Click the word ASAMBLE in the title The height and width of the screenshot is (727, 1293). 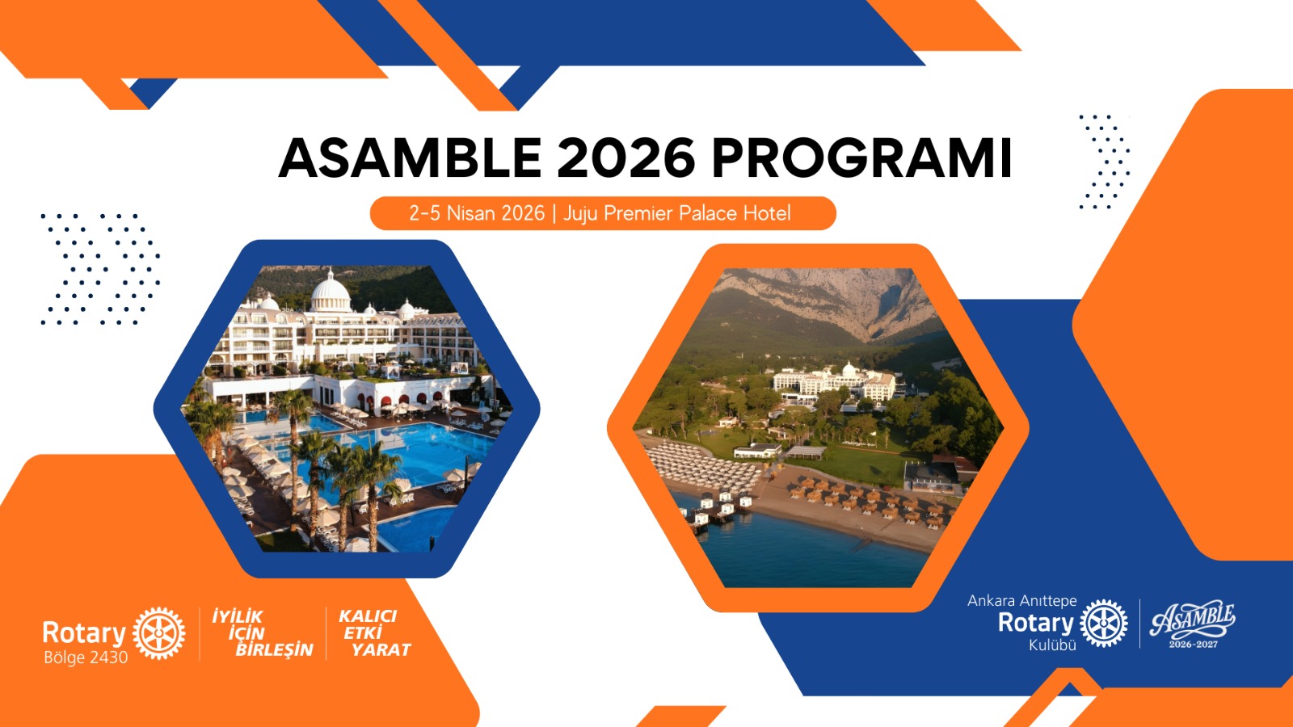click(410, 158)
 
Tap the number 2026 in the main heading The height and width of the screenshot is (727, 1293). click(625, 158)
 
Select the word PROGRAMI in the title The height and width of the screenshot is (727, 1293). click(861, 158)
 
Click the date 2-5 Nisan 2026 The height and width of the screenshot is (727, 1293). click(477, 213)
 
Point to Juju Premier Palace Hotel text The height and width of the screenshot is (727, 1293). click(676, 213)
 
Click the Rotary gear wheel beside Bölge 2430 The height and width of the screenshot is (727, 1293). click(158, 633)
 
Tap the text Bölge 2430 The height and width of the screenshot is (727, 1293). click(86, 658)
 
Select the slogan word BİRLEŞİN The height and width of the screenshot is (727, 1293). click(274, 650)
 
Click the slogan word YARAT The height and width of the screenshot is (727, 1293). click(381, 650)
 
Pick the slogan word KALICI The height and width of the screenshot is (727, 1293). click(368, 616)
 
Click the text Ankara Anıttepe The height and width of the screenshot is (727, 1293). click(1021, 601)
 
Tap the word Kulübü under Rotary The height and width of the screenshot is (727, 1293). click(1052, 645)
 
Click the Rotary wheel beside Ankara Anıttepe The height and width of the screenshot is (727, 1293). click(1103, 623)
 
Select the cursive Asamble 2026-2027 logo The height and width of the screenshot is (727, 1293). click(1193, 624)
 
